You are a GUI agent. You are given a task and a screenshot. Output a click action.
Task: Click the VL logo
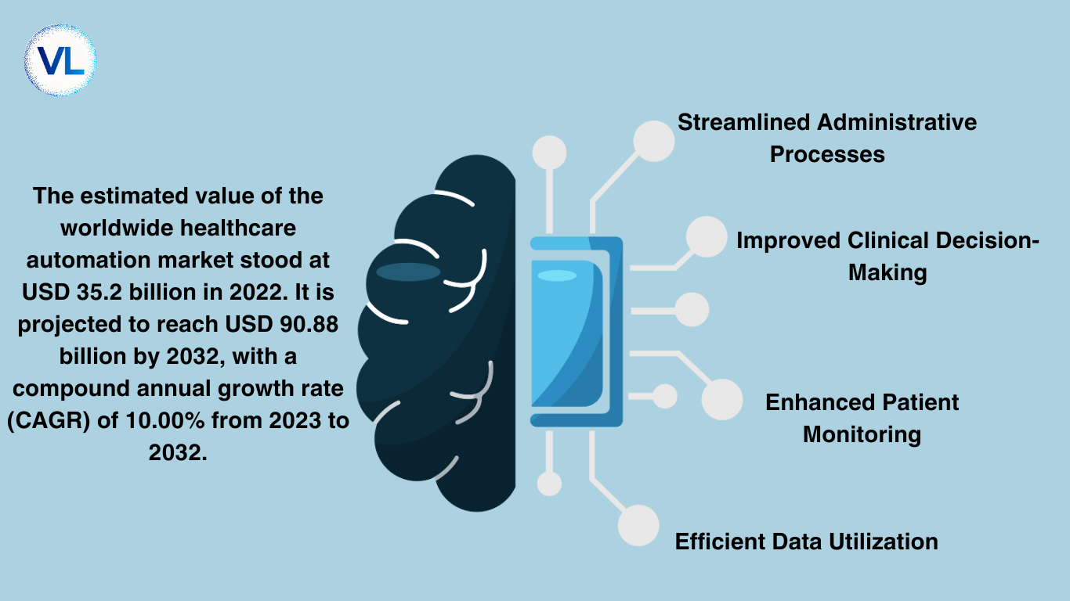tap(60, 60)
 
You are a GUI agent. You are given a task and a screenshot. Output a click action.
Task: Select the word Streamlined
tap(743, 122)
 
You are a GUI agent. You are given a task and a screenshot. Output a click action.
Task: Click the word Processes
tap(827, 155)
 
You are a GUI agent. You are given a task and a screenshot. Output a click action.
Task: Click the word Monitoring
tap(862, 435)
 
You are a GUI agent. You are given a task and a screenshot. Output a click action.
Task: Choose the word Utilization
tap(884, 542)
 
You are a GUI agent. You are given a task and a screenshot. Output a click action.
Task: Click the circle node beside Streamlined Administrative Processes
tap(654, 142)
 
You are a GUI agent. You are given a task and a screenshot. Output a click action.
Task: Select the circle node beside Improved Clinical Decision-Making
tap(707, 237)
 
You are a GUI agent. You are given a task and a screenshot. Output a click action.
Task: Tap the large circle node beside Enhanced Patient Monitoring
tap(722, 400)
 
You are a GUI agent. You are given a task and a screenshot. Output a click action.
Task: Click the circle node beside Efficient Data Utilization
tap(638, 526)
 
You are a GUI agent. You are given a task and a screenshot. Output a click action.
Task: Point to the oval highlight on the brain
tap(408, 272)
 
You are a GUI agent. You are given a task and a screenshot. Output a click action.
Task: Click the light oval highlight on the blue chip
tap(558, 275)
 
